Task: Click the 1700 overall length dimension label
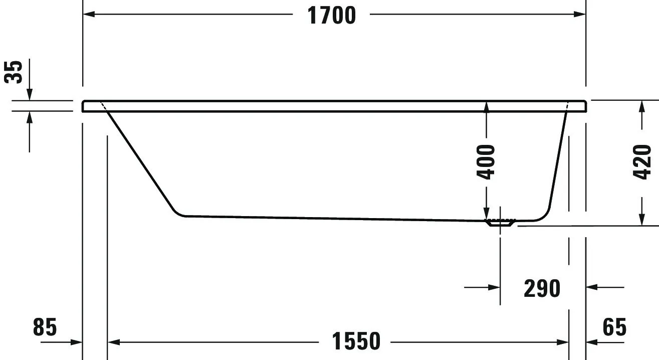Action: pyautogui.click(x=331, y=16)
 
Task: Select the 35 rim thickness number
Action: pyautogui.click(x=14, y=72)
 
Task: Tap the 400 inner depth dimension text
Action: pyautogui.click(x=486, y=161)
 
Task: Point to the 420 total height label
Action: pyautogui.click(x=642, y=161)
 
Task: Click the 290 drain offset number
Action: pyautogui.click(x=542, y=288)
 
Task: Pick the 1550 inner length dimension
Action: pyautogui.click(x=356, y=342)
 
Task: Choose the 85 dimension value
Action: pyautogui.click(x=45, y=327)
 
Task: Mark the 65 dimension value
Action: pyautogui.click(x=614, y=327)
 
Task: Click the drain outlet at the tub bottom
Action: pyautogui.click(x=500, y=223)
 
